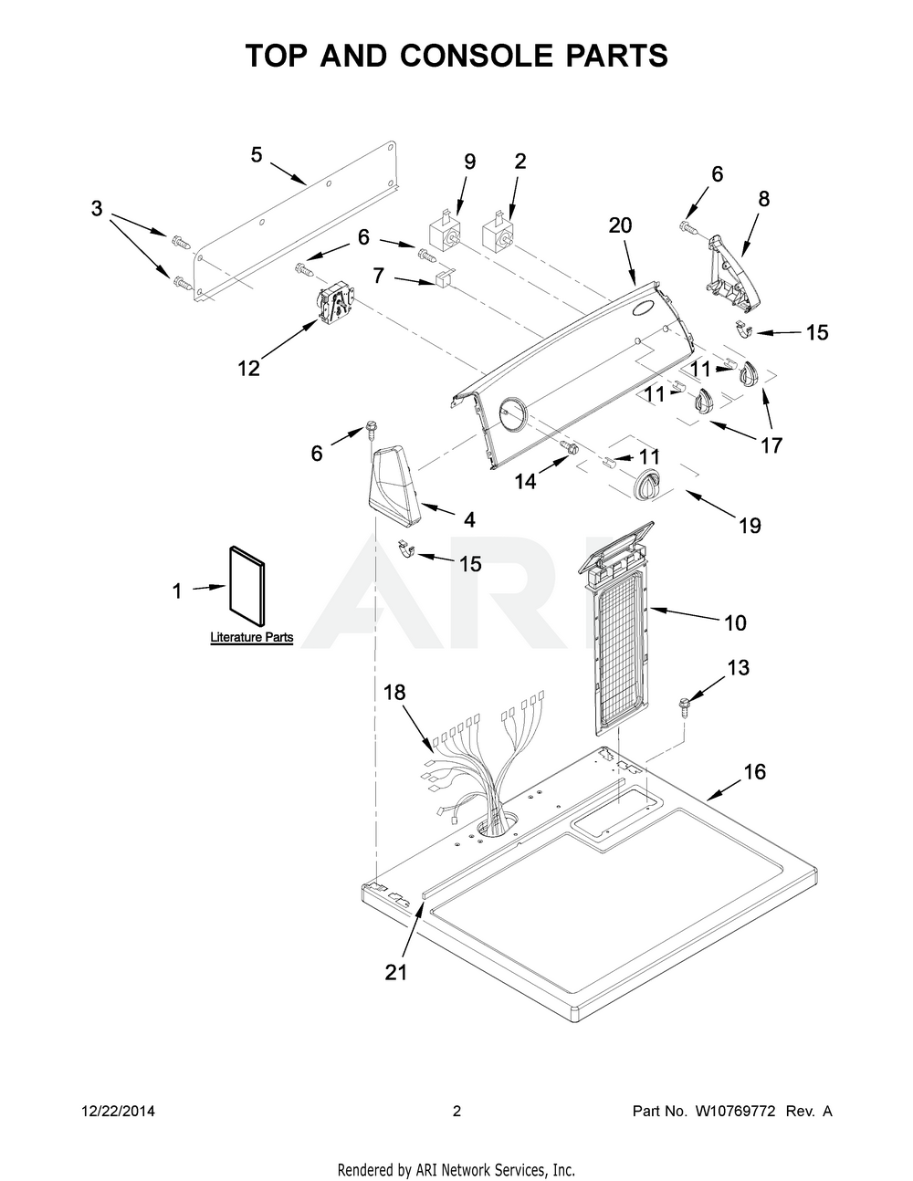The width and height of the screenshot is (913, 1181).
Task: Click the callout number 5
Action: tap(257, 155)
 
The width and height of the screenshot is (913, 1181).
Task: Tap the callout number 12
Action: tap(248, 368)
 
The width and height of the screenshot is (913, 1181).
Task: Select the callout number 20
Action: tap(620, 225)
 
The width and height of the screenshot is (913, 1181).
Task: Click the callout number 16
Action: tap(754, 772)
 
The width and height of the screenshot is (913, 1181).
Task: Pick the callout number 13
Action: tap(738, 668)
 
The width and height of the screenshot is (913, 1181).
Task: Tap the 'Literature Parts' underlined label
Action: tap(251, 637)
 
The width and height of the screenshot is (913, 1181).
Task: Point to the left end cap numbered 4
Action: tap(394, 484)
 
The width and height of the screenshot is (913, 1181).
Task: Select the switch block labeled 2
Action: tap(499, 232)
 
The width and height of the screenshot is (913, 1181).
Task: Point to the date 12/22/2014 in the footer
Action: tap(118, 1112)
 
